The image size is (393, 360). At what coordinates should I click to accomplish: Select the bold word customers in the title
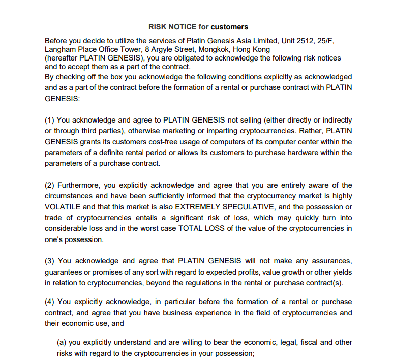coord(229,26)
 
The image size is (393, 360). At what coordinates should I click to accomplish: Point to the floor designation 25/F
coord(327,41)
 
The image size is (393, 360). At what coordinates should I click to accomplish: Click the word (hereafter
coord(62,58)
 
